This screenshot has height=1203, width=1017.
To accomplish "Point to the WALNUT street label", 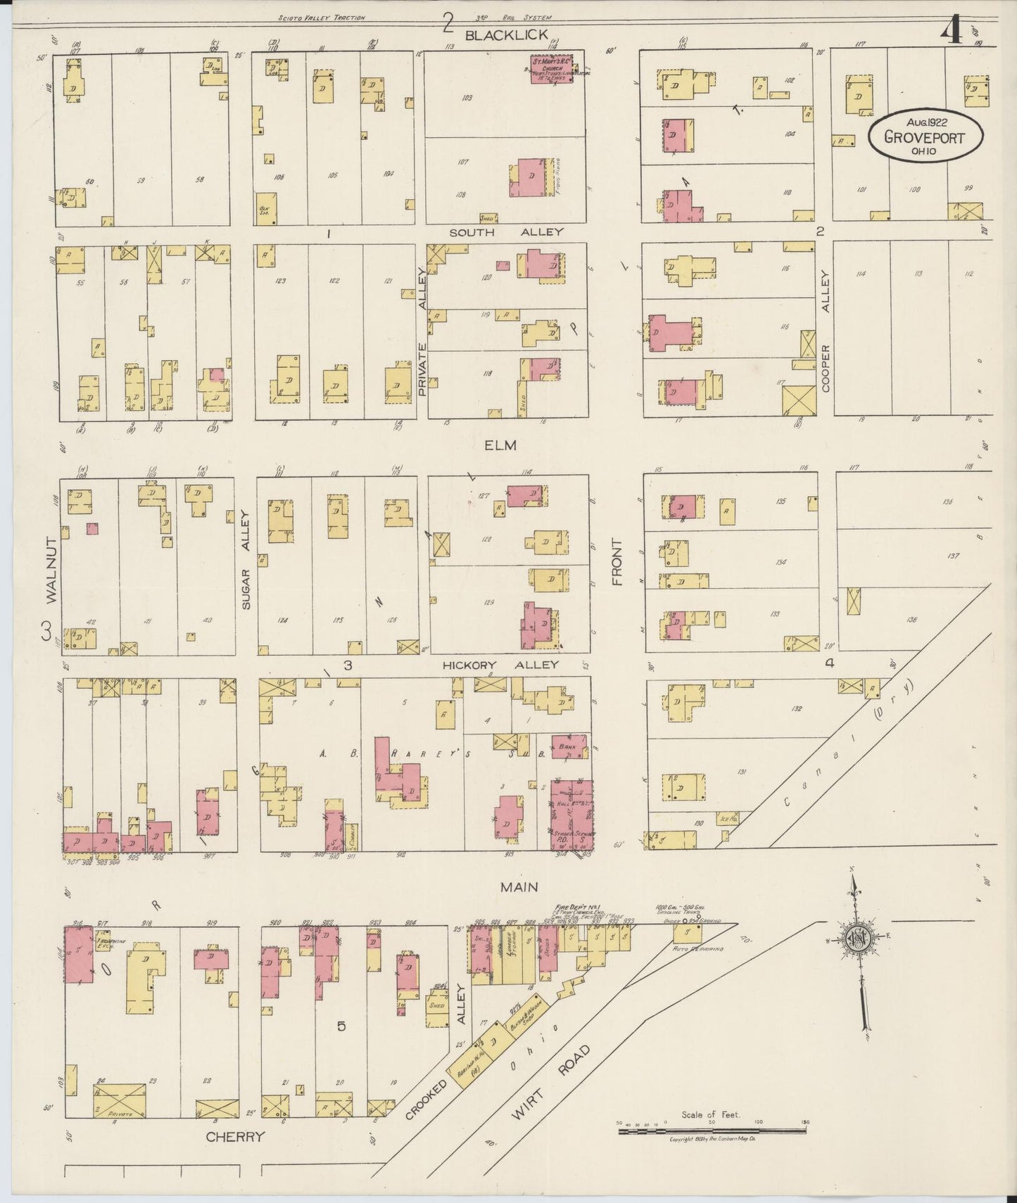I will (50, 568).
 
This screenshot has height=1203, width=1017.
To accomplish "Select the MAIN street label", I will (519, 889).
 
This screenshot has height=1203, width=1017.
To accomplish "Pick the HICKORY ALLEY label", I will (500, 664).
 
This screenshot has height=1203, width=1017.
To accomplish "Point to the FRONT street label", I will (617, 562).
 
